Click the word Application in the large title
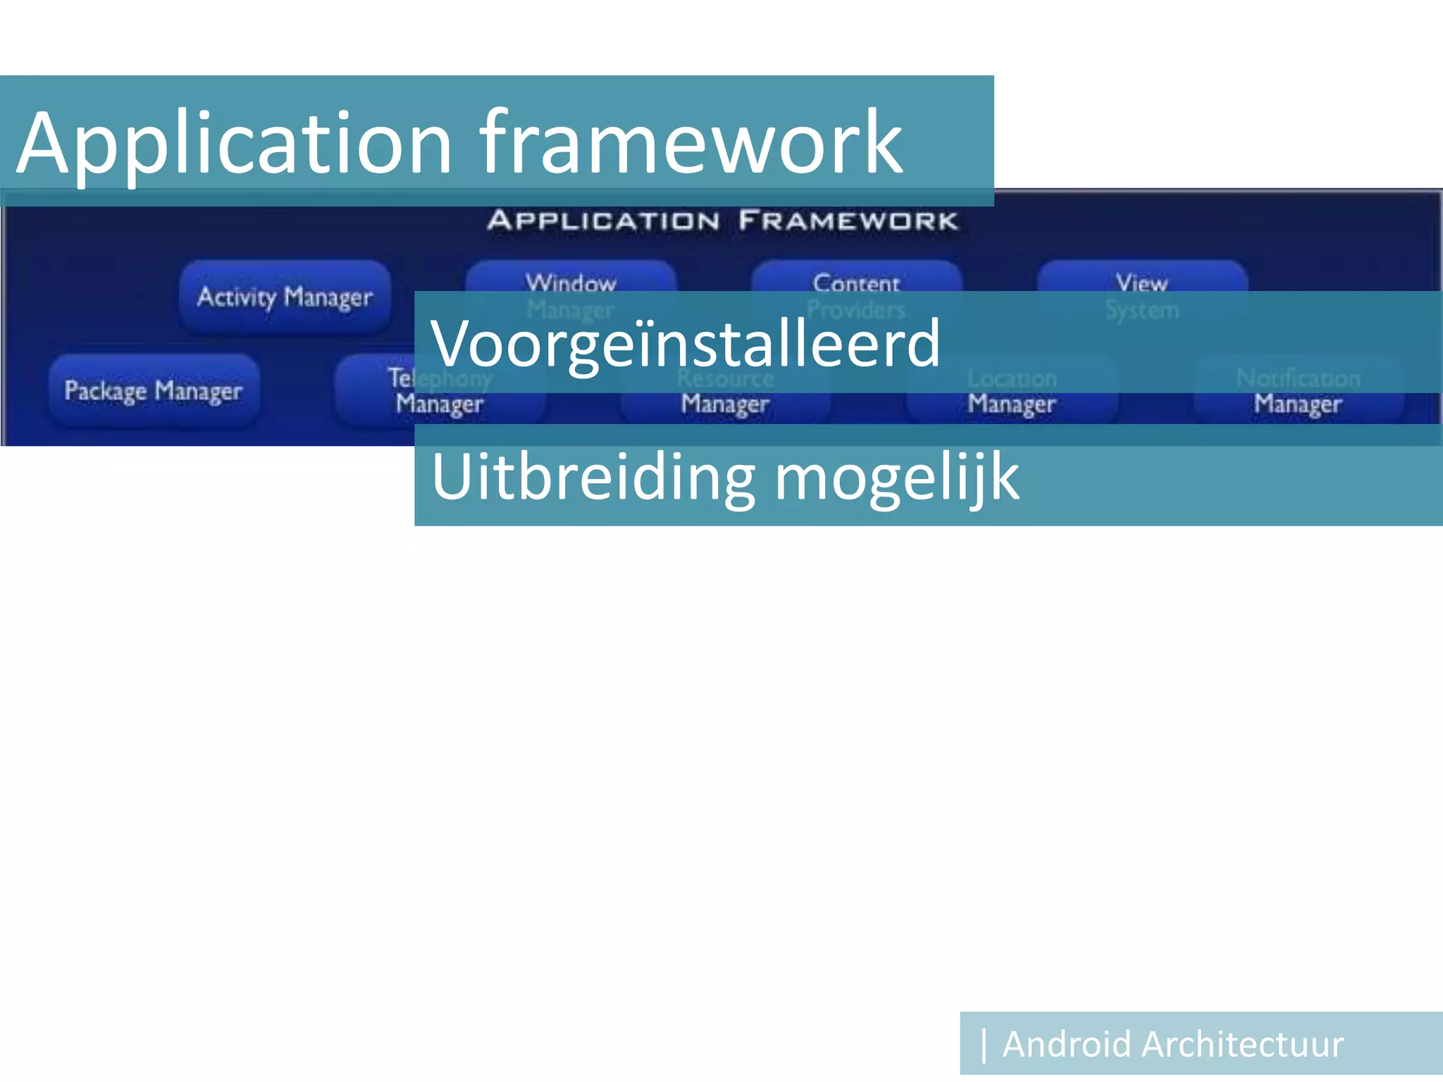233,144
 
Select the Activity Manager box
285,297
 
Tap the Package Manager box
154,390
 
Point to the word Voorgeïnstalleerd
685,344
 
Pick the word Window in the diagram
571,282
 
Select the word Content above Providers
856,282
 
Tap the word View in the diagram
1141,282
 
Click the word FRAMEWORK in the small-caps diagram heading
848,220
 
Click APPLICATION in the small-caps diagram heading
603,220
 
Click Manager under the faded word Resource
725,404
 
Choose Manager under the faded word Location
1011,404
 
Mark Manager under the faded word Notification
1298,404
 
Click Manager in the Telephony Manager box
440,404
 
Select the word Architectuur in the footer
1243,1044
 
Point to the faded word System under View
1141,310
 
